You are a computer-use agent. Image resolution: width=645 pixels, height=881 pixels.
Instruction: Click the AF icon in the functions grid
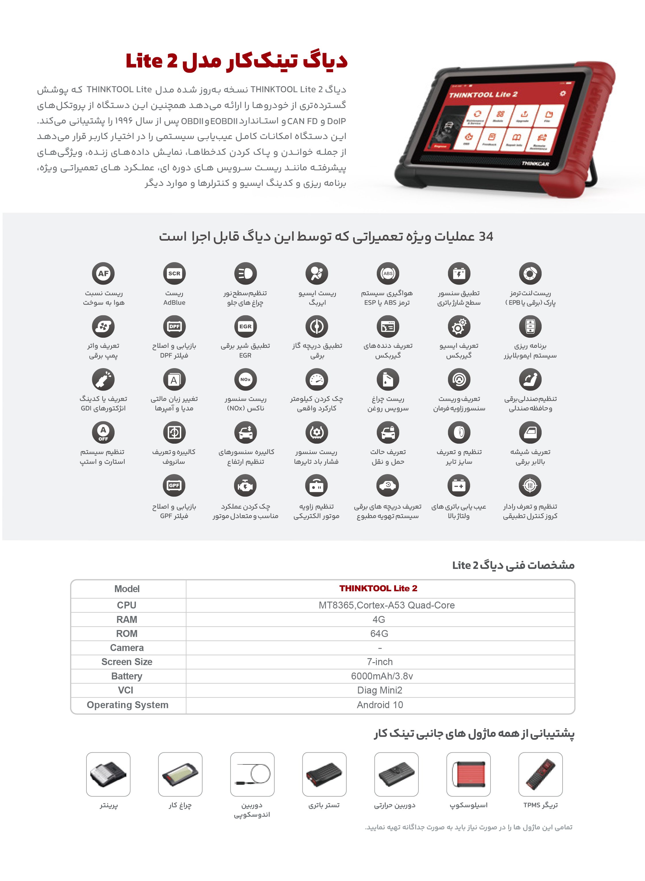click(x=103, y=273)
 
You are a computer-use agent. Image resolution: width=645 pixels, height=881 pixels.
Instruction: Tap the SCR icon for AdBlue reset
click(x=174, y=273)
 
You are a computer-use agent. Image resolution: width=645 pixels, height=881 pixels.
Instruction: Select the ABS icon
click(x=388, y=273)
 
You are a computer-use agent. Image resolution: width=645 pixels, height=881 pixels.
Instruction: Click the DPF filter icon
click(x=174, y=326)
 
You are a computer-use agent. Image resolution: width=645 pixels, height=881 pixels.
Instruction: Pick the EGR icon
click(x=245, y=326)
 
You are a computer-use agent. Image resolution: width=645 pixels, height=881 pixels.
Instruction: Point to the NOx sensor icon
click(x=245, y=379)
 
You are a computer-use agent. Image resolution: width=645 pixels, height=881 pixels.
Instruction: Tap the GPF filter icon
click(x=174, y=485)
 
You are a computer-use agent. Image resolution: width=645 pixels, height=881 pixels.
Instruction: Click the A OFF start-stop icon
click(x=103, y=432)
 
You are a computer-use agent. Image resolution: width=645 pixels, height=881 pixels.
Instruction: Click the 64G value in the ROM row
click(x=379, y=633)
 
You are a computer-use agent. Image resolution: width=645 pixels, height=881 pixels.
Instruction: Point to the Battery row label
click(x=127, y=676)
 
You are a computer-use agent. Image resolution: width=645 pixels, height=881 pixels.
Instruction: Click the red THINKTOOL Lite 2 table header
click(x=378, y=588)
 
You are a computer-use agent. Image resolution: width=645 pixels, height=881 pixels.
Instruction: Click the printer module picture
click(x=108, y=774)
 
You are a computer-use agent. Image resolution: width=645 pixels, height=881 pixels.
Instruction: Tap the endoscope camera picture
click(x=252, y=774)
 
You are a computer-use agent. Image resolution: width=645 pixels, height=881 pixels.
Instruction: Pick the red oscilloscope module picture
click(x=468, y=774)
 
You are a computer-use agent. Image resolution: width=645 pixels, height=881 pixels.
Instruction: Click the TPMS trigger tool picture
click(x=540, y=774)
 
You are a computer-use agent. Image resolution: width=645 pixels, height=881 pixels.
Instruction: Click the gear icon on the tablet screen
click(x=562, y=93)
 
